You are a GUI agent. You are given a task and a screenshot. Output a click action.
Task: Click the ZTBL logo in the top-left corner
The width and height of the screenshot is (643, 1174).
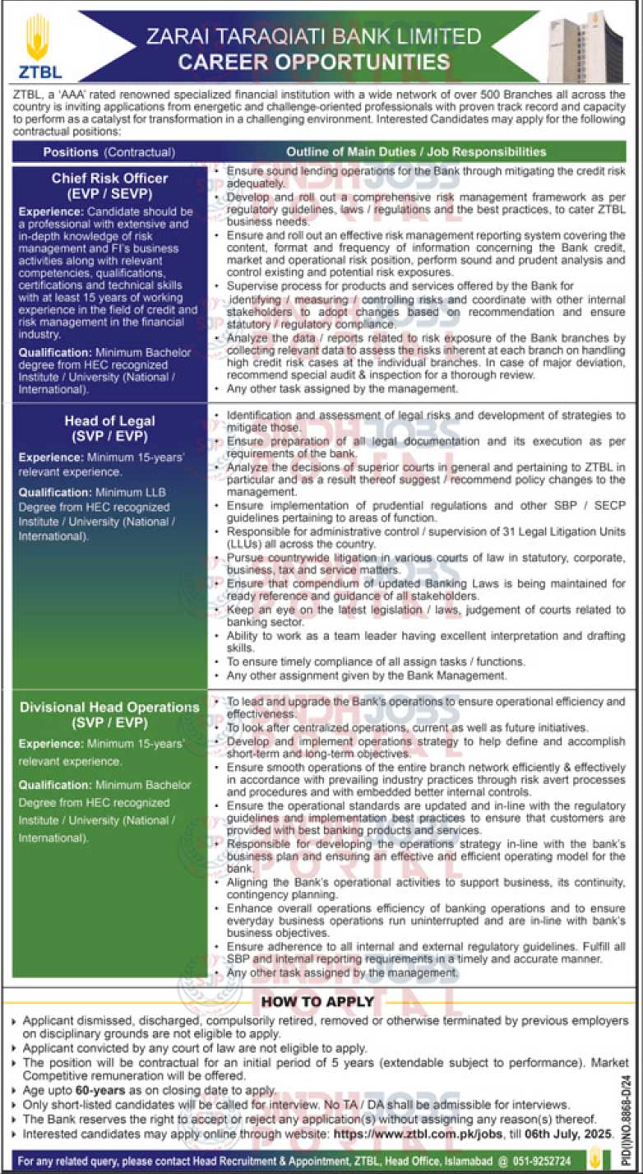pyautogui.click(x=38, y=48)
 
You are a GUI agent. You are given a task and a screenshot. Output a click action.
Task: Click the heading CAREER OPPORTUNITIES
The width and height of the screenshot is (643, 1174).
pyautogui.click(x=314, y=62)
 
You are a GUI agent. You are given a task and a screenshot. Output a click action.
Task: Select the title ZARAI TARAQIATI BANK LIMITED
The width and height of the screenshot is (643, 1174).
pyautogui.click(x=313, y=36)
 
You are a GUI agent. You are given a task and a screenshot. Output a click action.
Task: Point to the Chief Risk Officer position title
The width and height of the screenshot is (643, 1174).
pyautogui.click(x=109, y=178)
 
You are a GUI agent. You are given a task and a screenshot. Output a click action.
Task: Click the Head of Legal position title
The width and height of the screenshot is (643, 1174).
pyautogui.click(x=109, y=420)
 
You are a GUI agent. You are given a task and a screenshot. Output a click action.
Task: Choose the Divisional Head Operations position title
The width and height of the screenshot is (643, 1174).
pyautogui.click(x=109, y=707)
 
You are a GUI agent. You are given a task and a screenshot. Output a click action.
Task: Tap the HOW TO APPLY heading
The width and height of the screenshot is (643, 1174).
pyautogui.click(x=317, y=1001)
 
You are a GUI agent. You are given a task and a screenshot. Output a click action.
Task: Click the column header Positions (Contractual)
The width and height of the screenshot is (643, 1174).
pyautogui.click(x=109, y=152)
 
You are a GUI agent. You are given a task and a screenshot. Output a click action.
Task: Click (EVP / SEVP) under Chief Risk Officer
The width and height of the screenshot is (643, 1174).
pyautogui.click(x=109, y=194)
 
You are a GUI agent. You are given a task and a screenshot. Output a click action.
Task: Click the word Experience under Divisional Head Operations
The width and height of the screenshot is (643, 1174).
pyautogui.click(x=50, y=743)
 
